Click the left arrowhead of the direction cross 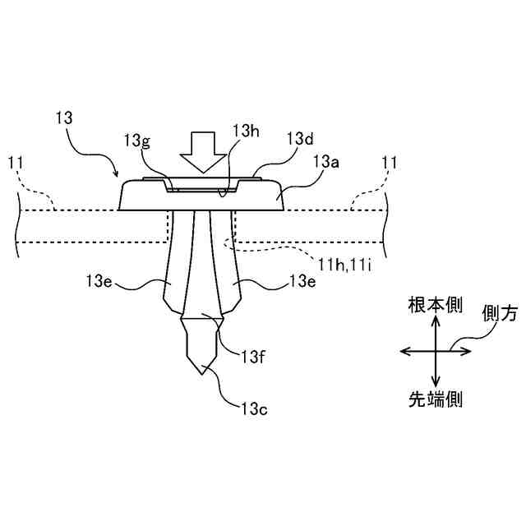coord(404,351)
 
